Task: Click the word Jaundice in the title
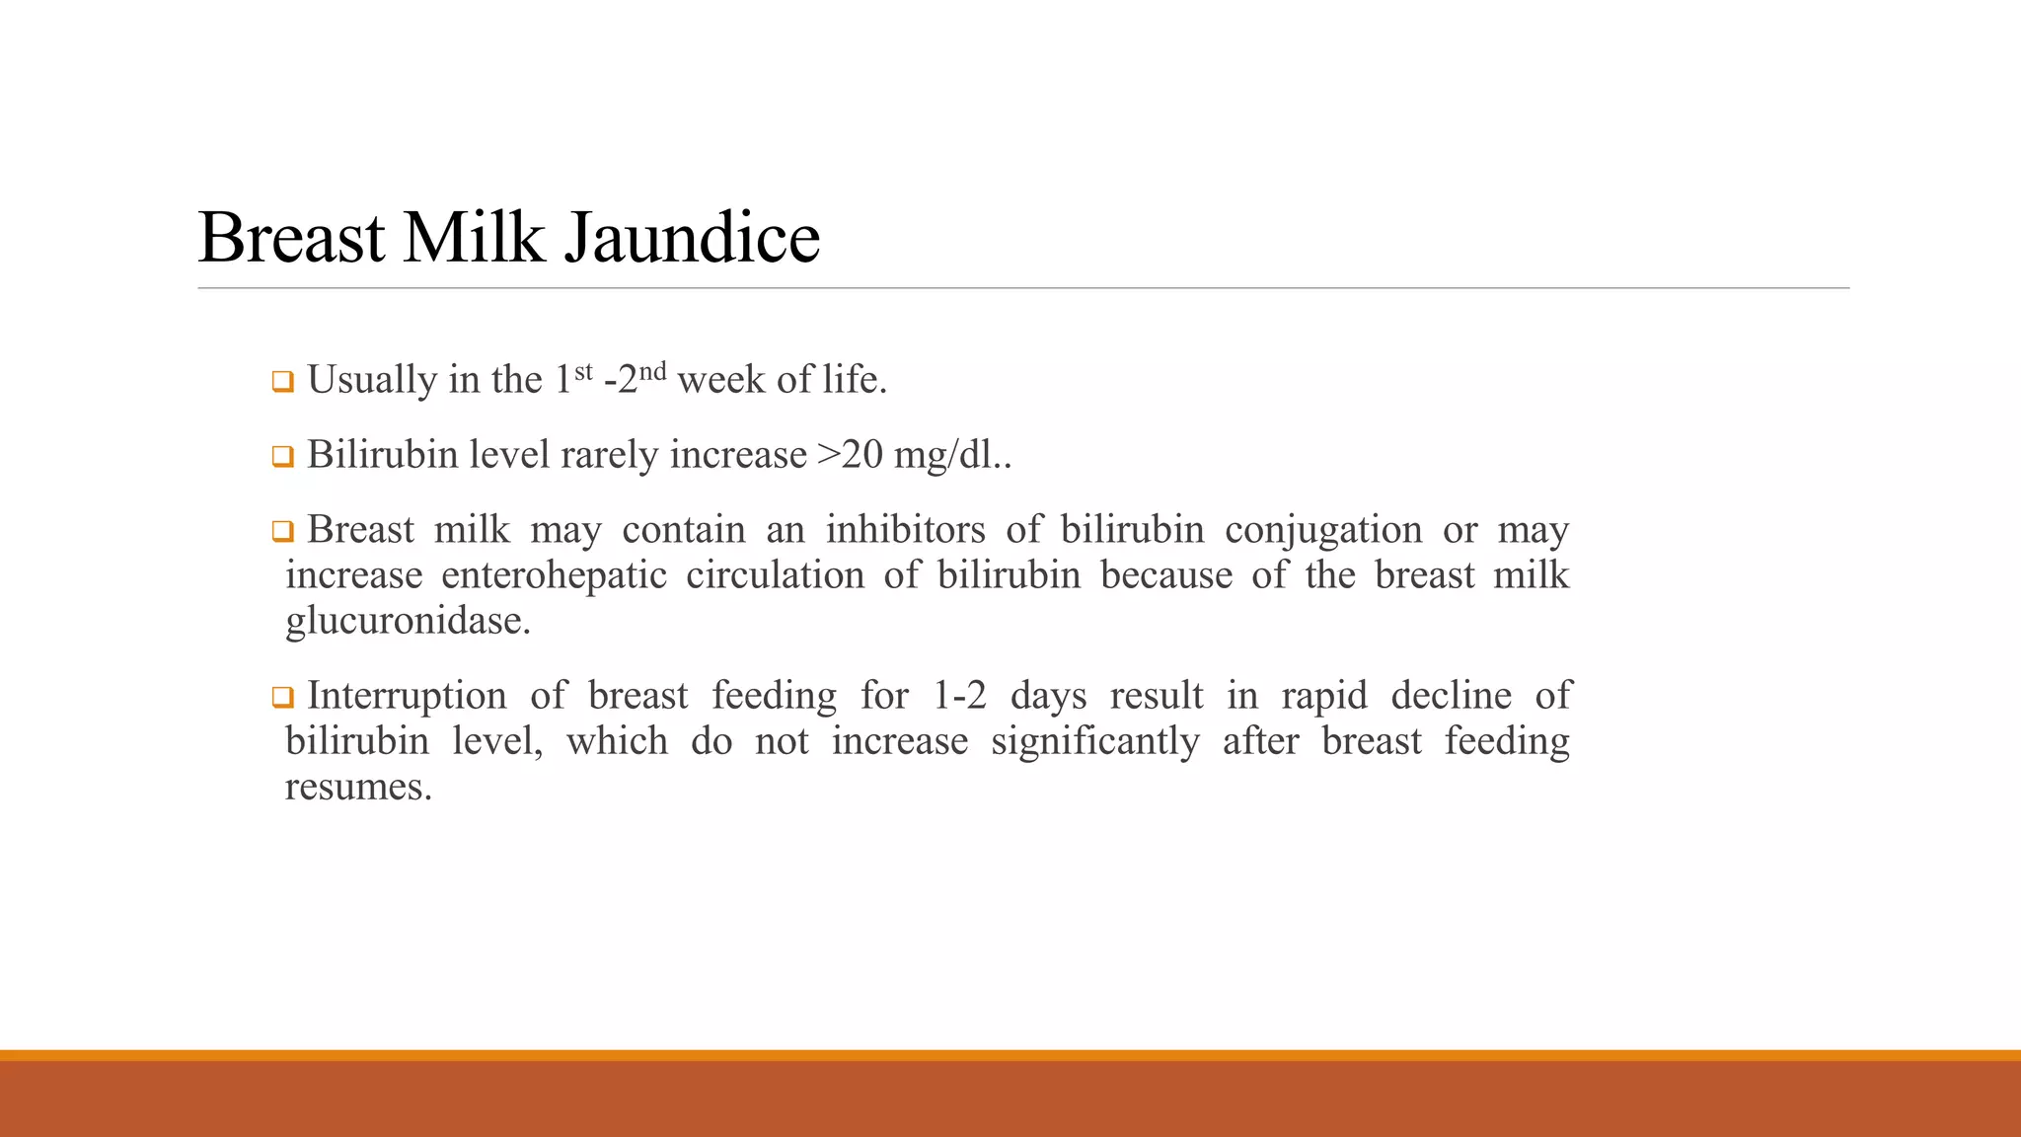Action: click(692, 238)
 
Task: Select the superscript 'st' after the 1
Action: click(583, 371)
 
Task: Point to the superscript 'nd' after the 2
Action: click(652, 371)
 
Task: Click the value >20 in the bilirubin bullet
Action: click(850, 455)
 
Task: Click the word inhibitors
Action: click(905, 530)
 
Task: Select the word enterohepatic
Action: click(554, 575)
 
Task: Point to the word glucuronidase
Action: click(408, 622)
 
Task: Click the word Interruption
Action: click(407, 696)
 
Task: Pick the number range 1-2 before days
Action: click(959, 696)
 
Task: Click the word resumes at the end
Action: click(358, 788)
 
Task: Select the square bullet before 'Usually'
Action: click(283, 382)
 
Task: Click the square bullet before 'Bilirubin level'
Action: click(283, 457)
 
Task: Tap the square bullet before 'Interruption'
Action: click(283, 698)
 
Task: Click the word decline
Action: click(1451, 696)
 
